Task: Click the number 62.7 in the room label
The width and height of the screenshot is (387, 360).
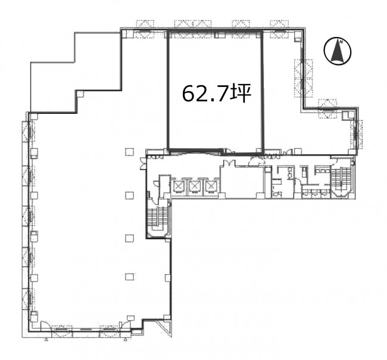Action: pos(205,94)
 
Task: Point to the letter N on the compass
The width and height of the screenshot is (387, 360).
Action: pos(341,42)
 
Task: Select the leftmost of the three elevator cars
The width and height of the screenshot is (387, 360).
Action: pos(179,186)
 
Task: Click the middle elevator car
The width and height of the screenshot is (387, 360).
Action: pos(194,186)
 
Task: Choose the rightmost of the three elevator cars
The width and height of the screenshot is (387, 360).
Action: pos(210,186)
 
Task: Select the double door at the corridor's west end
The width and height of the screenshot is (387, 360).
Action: pos(143,164)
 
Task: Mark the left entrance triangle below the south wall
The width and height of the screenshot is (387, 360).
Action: pos(46,340)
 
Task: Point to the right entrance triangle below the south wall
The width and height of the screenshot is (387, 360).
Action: pos(125,340)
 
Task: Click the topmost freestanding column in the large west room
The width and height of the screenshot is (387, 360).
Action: pos(130,152)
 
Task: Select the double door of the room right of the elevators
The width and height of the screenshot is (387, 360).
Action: pos(229,163)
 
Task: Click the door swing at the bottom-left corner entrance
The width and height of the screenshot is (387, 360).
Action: pos(46,324)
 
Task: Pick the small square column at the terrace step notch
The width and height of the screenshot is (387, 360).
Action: pos(81,94)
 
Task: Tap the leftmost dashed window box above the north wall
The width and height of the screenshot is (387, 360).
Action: pos(145,23)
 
